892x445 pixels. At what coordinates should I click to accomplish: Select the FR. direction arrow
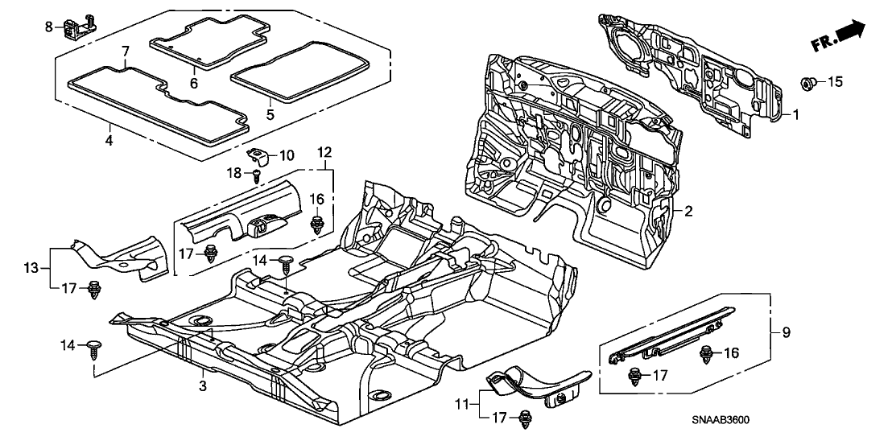tap(840, 36)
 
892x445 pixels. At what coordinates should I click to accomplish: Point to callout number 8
tap(49, 27)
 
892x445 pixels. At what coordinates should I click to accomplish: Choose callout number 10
tap(286, 154)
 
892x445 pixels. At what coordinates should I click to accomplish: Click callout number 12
tap(324, 152)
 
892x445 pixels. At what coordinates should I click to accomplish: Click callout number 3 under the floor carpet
tap(203, 387)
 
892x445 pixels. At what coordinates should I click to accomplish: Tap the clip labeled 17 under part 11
tap(527, 417)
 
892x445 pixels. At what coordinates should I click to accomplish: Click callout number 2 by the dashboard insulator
tap(688, 211)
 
